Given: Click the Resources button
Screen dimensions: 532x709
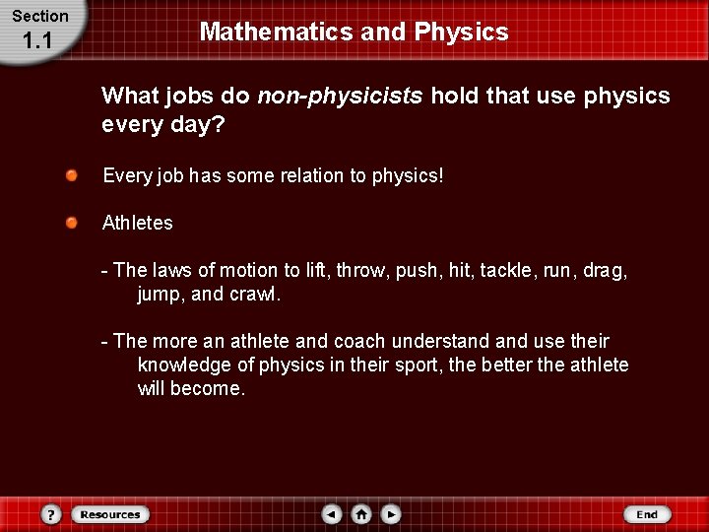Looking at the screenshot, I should click(x=109, y=514).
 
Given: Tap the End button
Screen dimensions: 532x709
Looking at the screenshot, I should click(x=647, y=514).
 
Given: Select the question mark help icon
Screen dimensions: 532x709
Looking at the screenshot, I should click(x=52, y=514).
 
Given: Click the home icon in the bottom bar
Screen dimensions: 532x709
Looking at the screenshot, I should click(x=361, y=514).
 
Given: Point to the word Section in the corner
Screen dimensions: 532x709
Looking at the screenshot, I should click(x=40, y=16).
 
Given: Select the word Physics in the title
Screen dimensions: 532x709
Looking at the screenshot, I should click(x=461, y=32).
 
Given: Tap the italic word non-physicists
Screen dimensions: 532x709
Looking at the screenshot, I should click(x=340, y=96).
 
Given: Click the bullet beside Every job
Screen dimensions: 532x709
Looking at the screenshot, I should click(x=73, y=175).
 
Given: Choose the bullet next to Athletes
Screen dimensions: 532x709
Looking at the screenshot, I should click(x=73, y=223).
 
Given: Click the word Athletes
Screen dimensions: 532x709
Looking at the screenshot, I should click(x=138, y=223).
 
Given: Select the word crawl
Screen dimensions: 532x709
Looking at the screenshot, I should click(x=254, y=294).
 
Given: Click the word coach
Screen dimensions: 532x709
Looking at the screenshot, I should click(x=359, y=341).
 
